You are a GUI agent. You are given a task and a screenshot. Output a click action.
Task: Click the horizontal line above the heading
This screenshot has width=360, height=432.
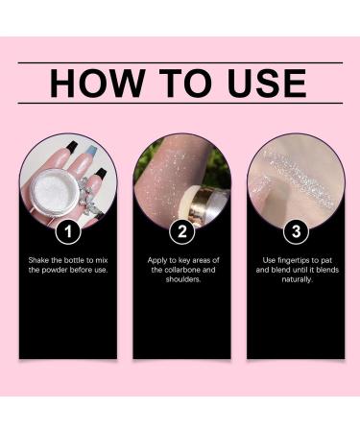[x=180, y=63]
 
